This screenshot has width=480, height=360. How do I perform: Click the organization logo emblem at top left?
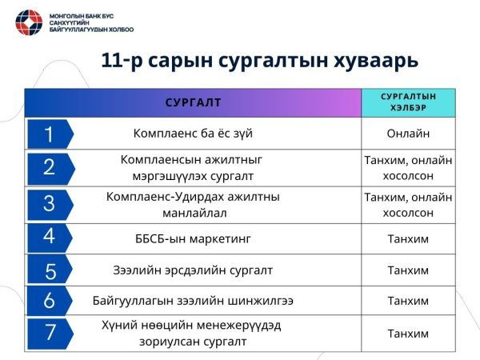32,24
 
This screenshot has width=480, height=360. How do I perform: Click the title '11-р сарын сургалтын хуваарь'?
261,62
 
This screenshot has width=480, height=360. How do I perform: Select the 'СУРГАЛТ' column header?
193,102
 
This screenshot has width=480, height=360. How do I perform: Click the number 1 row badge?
49,134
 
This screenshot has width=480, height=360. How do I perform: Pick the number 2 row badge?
49,167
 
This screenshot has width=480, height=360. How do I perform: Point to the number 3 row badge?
49,202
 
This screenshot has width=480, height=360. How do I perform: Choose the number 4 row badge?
49,237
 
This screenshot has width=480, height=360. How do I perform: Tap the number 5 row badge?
49,270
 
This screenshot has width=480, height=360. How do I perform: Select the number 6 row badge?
49,301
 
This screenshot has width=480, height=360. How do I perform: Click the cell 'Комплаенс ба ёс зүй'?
197,134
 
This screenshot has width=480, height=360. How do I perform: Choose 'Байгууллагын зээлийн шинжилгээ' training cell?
192,301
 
